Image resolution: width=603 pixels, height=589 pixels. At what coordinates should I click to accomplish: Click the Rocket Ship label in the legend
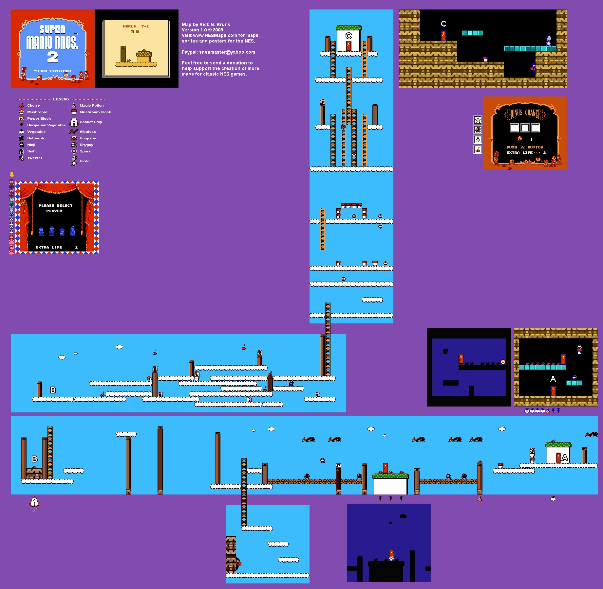point(91,122)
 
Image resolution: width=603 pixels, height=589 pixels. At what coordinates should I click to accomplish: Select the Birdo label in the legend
point(85,161)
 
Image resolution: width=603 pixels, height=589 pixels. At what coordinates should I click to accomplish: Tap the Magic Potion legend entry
point(91,106)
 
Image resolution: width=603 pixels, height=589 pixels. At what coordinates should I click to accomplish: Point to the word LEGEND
point(61,99)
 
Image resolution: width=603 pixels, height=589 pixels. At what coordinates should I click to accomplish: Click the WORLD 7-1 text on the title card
point(136,26)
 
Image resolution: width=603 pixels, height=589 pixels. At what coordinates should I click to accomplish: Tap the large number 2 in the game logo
point(52,57)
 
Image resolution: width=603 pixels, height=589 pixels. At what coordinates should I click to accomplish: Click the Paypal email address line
point(218,52)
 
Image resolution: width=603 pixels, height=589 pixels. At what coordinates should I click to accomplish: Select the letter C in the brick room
point(443,24)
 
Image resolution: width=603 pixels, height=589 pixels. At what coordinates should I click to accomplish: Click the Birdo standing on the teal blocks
point(549,41)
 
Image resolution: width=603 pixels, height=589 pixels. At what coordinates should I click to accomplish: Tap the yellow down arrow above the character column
point(12,175)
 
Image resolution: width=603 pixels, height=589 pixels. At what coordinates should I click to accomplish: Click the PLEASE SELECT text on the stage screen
point(55,206)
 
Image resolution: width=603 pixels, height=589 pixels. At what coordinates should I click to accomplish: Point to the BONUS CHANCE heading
point(525,114)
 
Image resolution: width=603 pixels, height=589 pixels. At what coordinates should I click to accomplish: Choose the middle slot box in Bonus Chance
point(525,128)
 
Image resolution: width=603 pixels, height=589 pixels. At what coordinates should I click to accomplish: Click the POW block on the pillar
point(338,465)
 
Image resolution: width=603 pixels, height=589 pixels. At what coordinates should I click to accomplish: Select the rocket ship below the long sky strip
point(34,502)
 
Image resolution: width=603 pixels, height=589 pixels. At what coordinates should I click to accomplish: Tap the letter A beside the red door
point(565,458)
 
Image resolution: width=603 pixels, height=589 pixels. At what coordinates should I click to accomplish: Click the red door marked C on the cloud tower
point(349,46)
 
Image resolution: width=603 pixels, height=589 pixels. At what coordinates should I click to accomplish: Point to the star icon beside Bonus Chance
point(478,120)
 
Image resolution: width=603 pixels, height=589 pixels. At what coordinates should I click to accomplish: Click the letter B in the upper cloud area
point(53,390)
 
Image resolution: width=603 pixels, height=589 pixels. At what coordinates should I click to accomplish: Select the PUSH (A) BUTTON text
point(525,147)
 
